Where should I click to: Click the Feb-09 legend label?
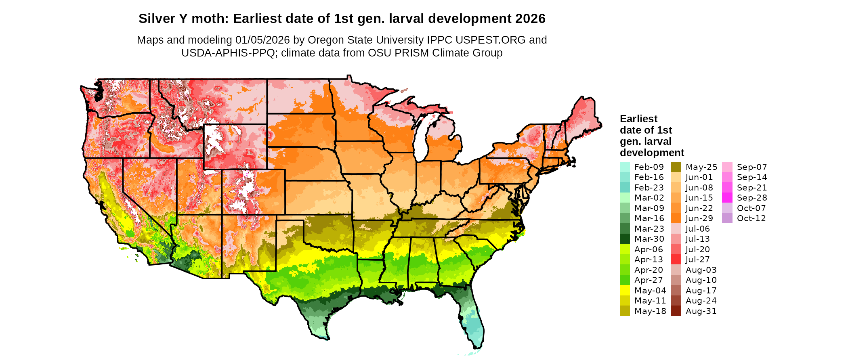[649, 167]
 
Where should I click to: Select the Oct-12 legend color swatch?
[727, 218]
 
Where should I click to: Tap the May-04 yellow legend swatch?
[625, 291]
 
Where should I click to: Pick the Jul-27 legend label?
[697, 260]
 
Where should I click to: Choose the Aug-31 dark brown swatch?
[676, 311]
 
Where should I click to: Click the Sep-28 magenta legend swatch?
[727, 198]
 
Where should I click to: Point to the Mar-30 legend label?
[649, 239]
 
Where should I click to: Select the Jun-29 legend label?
[699, 218]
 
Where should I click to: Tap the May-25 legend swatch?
[676, 167]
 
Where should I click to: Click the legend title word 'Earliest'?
[638, 119]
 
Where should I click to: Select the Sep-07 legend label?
[751, 167]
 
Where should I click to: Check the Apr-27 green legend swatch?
[625, 280]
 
